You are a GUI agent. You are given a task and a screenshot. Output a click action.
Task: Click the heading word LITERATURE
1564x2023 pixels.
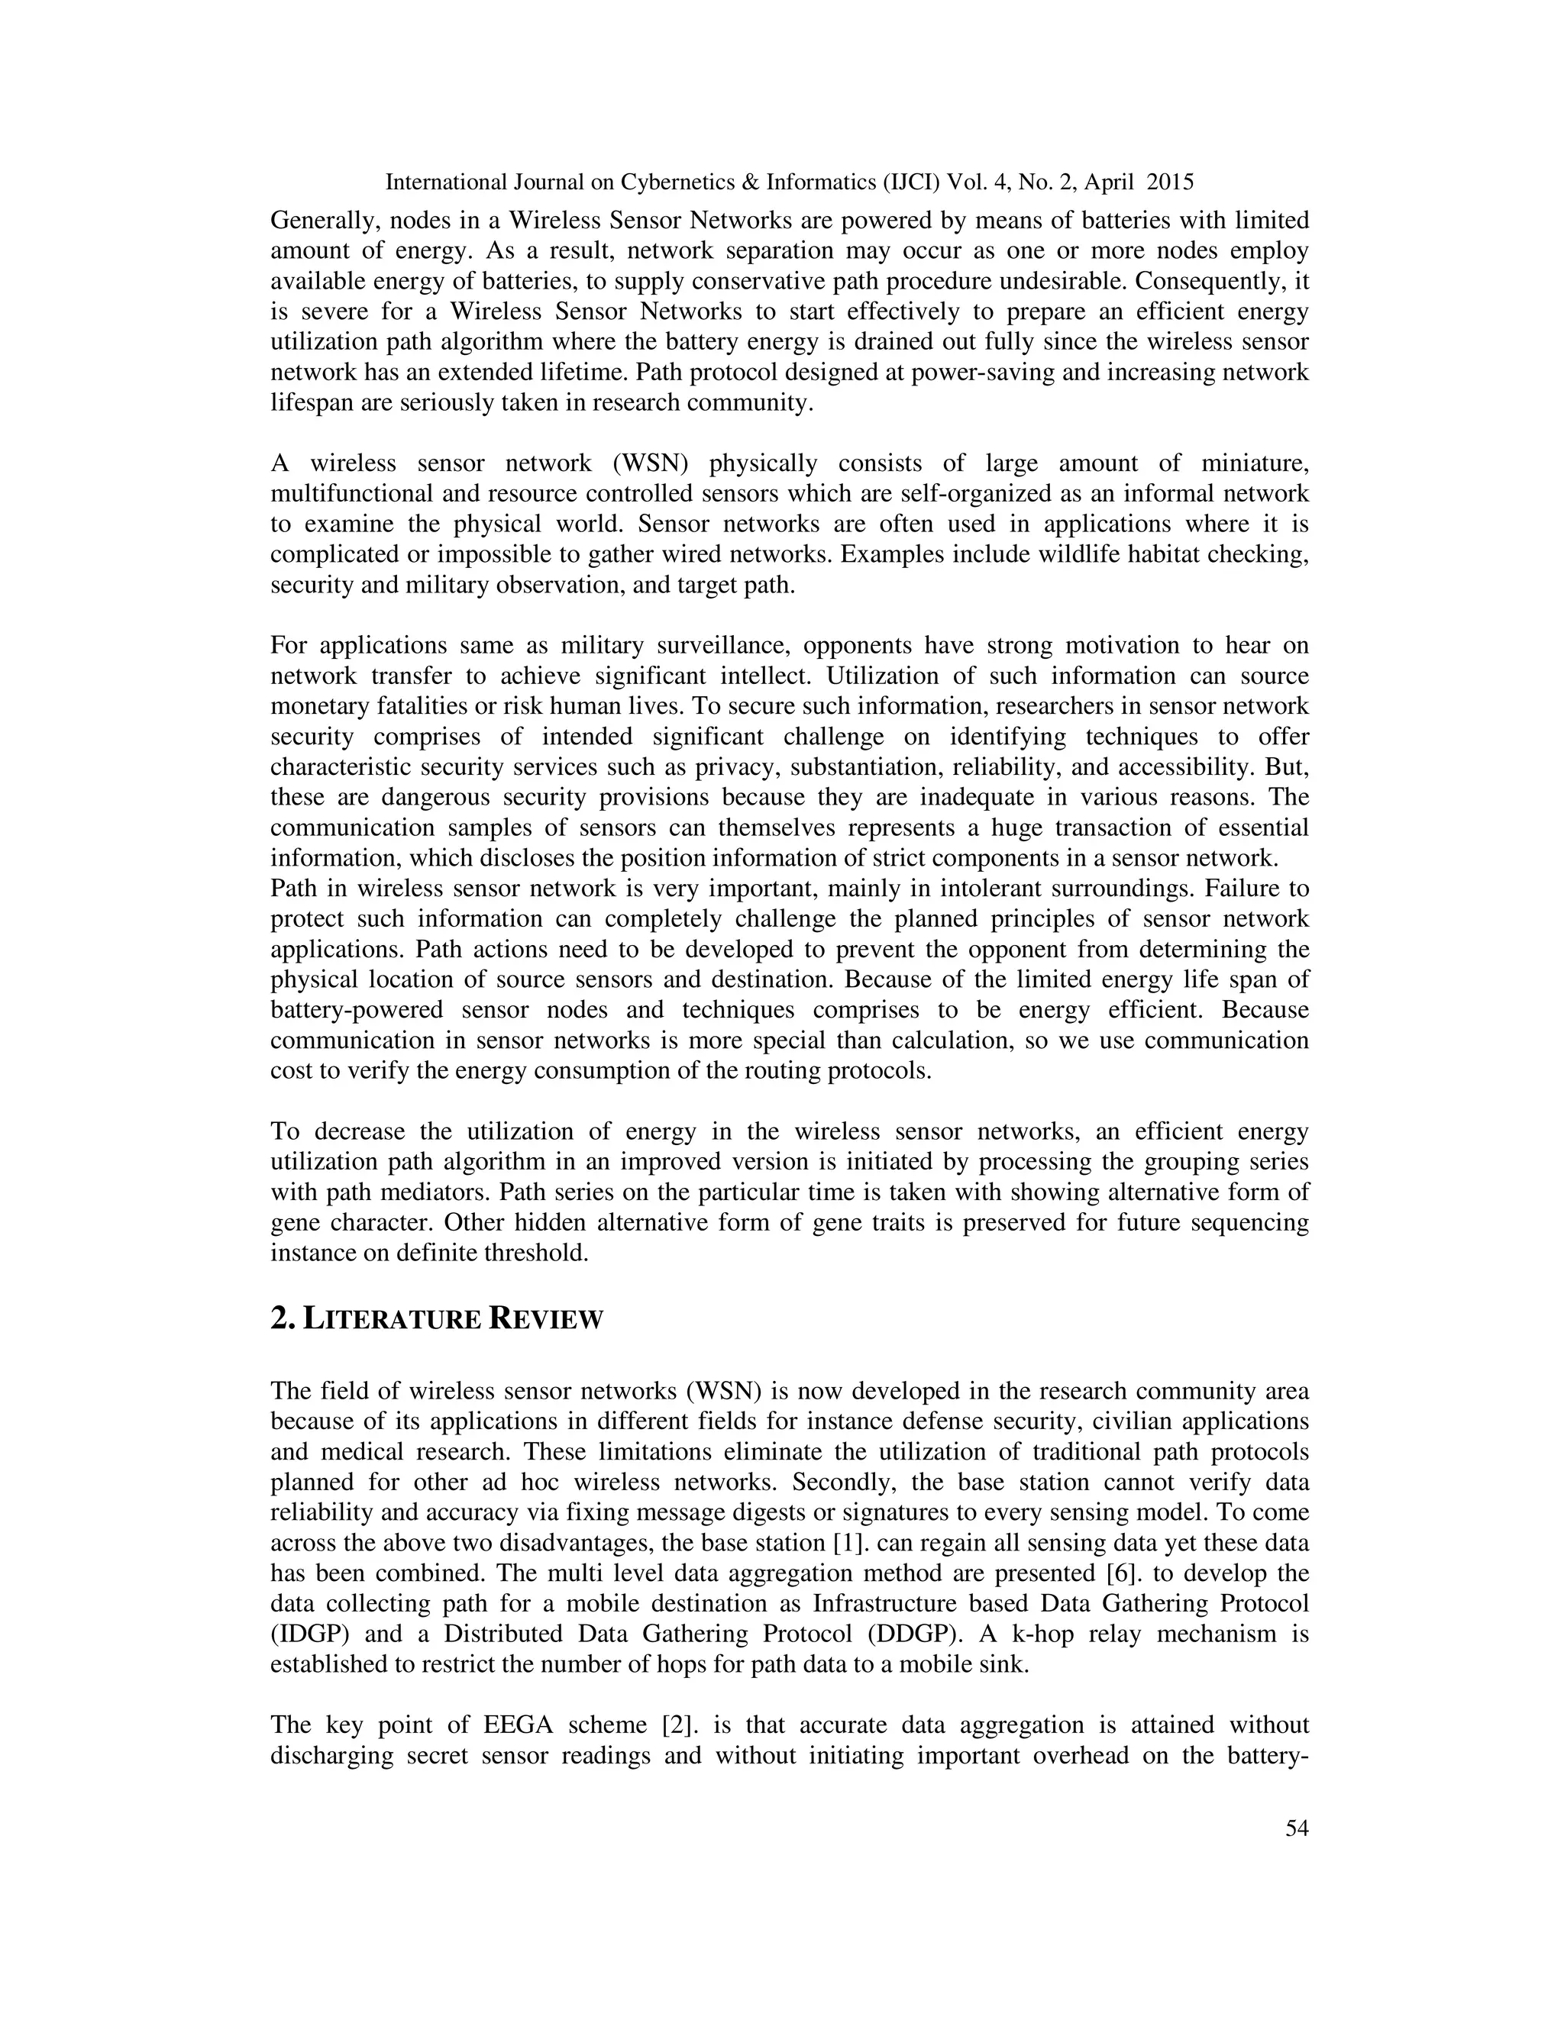(x=391, y=1319)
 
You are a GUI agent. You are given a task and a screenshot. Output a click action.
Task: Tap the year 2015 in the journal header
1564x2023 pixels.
(x=1170, y=182)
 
